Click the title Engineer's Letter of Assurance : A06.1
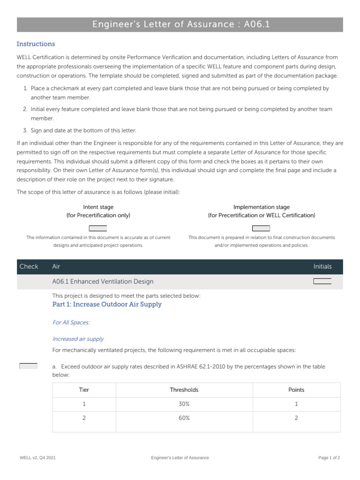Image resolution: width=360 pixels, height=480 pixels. (180, 25)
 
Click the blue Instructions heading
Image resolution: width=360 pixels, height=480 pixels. (36, 44)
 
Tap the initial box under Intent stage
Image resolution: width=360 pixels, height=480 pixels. (98, 228)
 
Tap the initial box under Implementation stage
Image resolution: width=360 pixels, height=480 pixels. (261, 228)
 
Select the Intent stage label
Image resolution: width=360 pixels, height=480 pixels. (98, 207)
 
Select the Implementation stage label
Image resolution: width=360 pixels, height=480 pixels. (262, 207)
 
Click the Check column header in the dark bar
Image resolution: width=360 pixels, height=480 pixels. (29, 267)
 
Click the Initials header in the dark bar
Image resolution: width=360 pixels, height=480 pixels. (322, 267)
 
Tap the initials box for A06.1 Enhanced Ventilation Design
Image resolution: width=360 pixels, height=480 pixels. (322, 281)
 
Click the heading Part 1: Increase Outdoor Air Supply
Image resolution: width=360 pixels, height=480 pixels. (107, 304)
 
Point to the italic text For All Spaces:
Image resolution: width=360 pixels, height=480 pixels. (71, 322)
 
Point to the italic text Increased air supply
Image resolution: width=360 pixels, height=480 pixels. (78, 339)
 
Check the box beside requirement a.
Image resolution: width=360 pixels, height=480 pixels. (28, 366)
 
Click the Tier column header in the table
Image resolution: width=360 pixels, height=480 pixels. (84, 390)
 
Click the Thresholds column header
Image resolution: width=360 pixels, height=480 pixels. (184, 390)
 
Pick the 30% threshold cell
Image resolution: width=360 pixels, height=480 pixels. (184, 404)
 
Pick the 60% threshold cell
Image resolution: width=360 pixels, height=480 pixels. (184, 418)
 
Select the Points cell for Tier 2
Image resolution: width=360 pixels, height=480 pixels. (296, 418)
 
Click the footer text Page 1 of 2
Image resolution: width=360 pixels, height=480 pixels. (329, 457)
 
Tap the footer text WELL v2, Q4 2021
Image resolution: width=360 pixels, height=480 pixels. (37, 457)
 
